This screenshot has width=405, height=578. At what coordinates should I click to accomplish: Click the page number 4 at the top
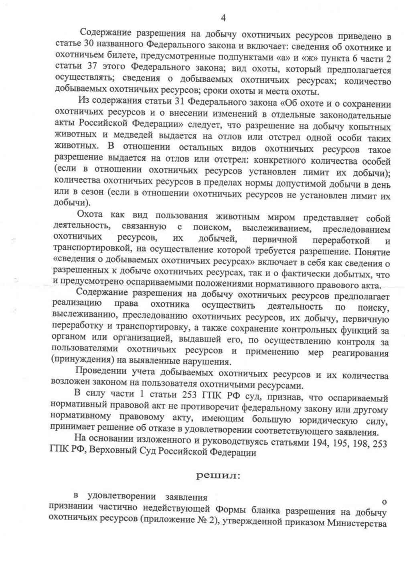pyautogui.click(x=223, y=18)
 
